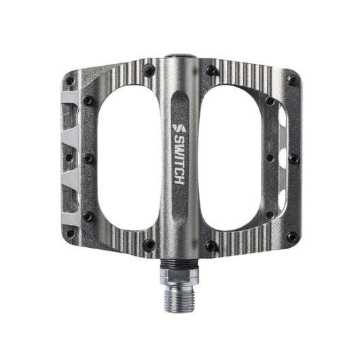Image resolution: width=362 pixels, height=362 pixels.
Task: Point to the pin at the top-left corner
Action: pos(70,81)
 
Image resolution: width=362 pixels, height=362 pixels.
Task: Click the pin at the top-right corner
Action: pos(293,80)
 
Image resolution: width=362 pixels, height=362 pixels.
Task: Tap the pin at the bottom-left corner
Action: pos(70,235)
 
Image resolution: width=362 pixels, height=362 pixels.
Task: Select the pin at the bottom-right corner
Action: pos(293,236)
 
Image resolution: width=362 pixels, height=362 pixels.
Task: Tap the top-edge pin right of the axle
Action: pos(213,69)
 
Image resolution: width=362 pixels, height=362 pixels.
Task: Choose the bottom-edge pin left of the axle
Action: pos(149,245)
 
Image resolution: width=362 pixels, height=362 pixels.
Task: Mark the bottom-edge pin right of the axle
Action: pos(213,246)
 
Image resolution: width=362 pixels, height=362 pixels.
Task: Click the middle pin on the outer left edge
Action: pos(70,158)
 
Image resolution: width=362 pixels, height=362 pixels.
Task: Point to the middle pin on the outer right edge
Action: pos(293,159)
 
